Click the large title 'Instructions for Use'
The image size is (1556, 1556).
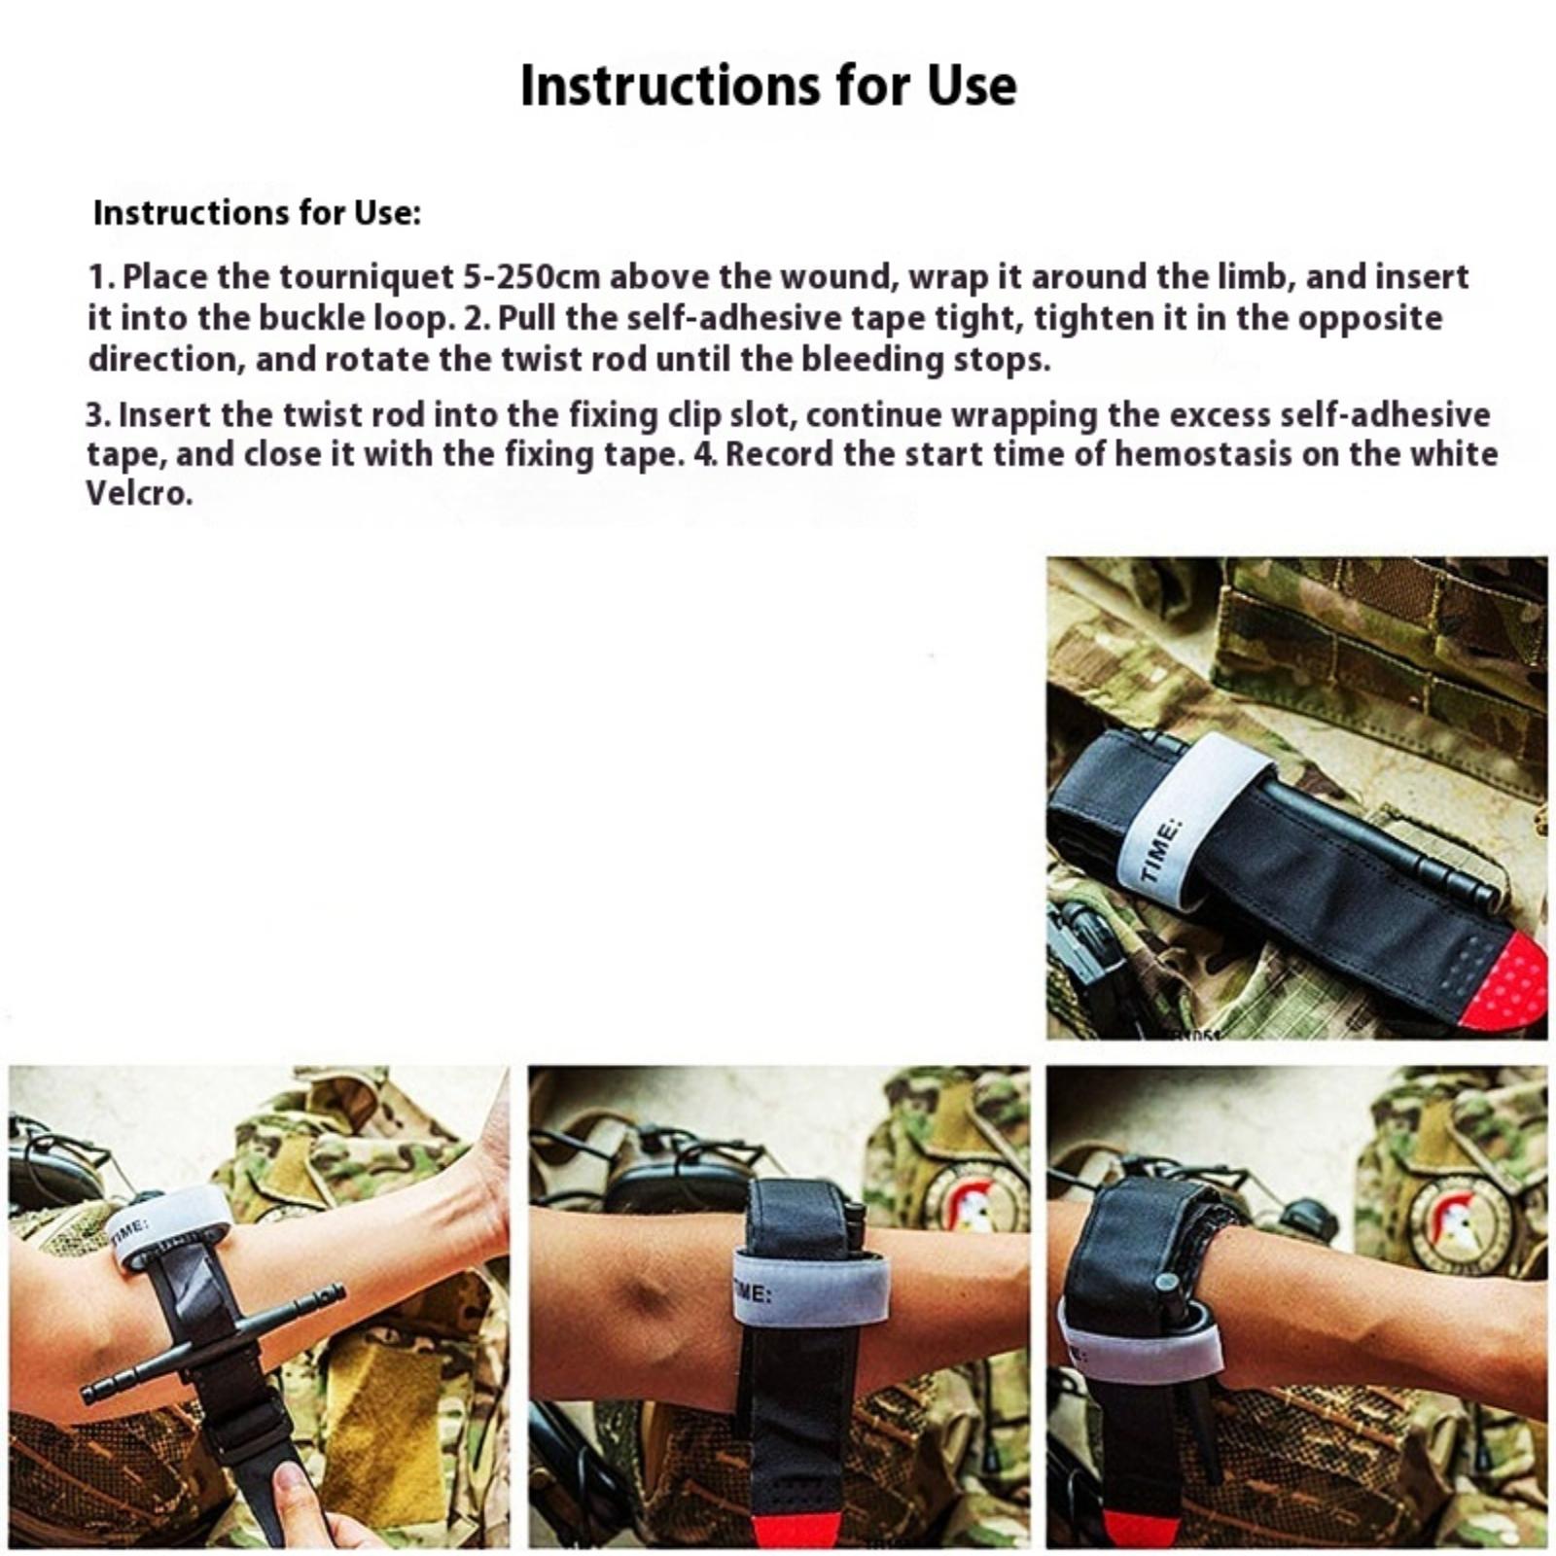point(768,86)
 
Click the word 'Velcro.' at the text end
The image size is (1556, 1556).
point(140,494)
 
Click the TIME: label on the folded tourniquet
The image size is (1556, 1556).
point(1162,852)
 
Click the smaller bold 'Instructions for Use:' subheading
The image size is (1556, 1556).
point(257,213)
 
